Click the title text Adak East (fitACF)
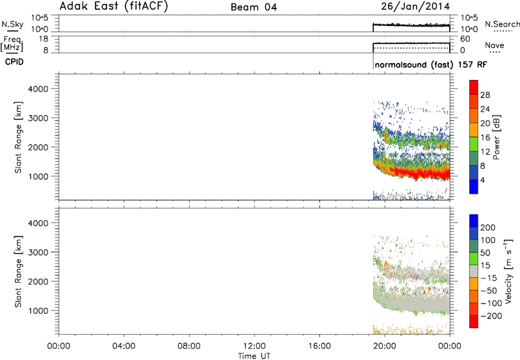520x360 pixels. tap(114, 6)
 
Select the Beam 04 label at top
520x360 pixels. tap(253, 7)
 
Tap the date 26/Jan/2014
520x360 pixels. tap(415, 6)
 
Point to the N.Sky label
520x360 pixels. tap(12, 24)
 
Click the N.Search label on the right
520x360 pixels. tap(502, 24)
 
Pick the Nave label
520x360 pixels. tap(495, 45)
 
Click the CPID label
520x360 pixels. tap(14, 62)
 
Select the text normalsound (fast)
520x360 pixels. tap(414, 64)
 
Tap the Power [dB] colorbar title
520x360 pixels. tap(496, 137)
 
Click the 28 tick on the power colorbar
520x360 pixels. tap(485, 95)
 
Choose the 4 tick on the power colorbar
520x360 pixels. tap(482, 180)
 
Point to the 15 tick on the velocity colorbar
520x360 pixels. tap(484, 265)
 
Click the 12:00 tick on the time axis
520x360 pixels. tap(254, 346)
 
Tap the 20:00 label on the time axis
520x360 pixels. tap(385, 346)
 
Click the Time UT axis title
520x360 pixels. tap(254, 355)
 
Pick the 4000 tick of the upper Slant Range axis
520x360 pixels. tap(38, 89)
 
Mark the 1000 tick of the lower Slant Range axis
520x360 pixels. tap(38, 311)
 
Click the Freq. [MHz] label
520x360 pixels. tap(12, 44)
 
